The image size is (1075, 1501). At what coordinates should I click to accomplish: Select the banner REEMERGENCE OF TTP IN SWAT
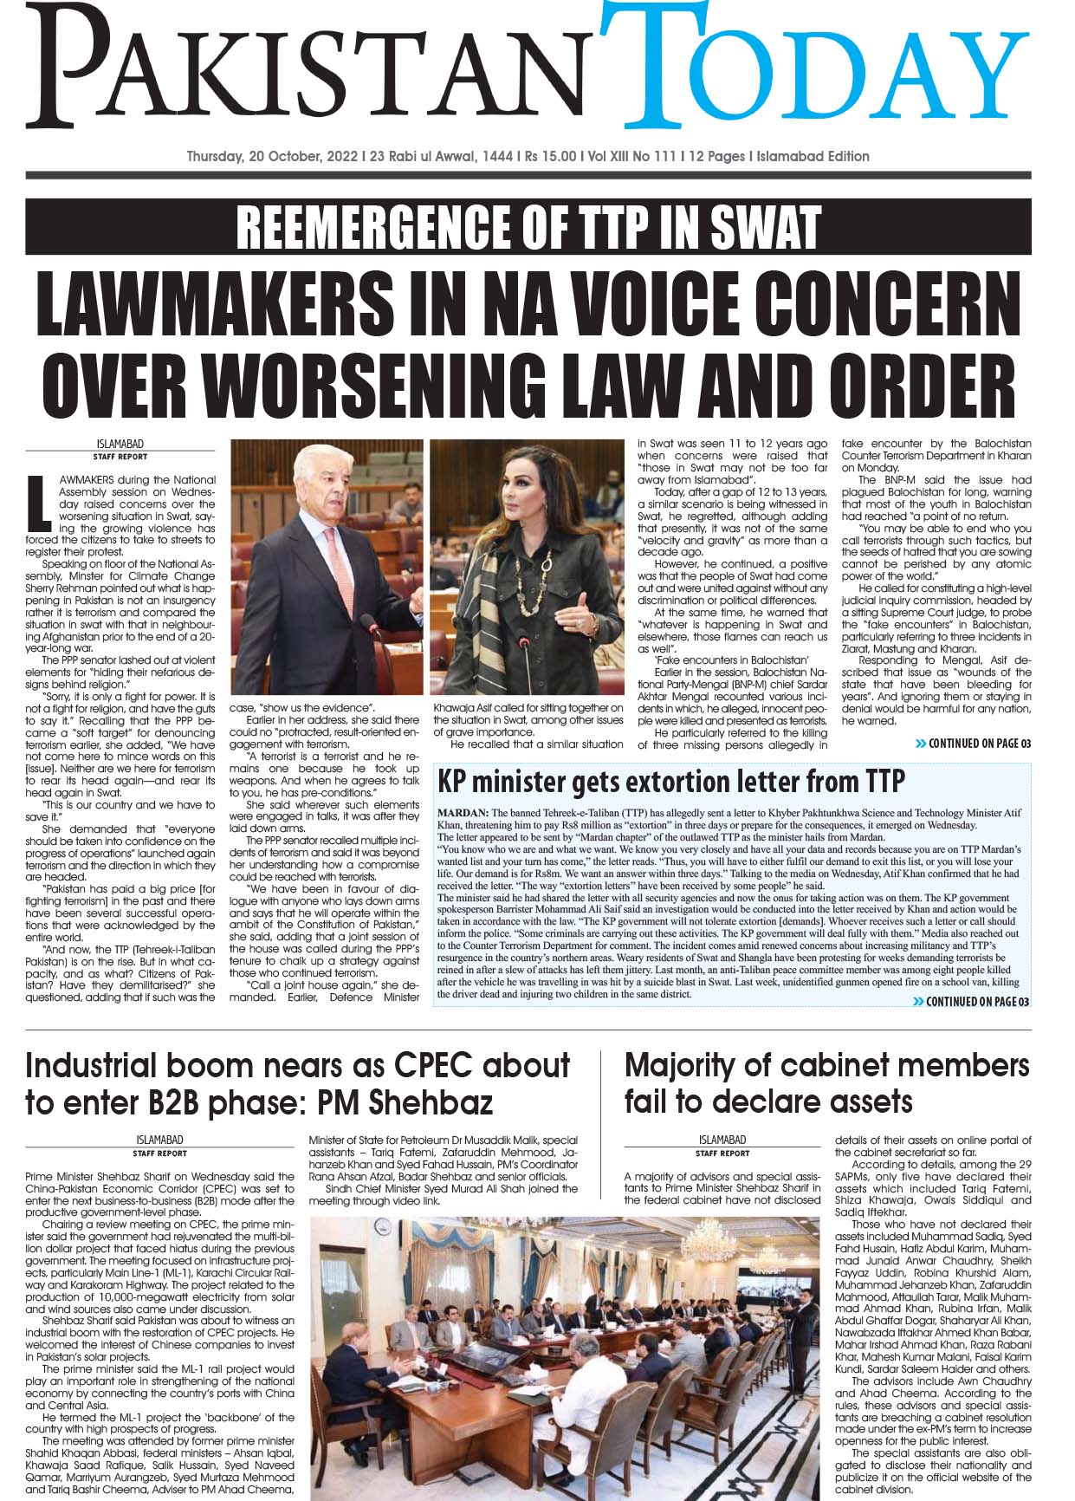point(528,228)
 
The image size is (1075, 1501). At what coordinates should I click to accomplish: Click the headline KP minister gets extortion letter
point(671,781)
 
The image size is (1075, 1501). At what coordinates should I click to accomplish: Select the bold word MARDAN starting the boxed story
point(463,813)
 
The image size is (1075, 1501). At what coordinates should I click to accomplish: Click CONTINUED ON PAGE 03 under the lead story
point(973,744)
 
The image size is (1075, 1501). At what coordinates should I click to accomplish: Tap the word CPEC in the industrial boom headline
point(449,1065)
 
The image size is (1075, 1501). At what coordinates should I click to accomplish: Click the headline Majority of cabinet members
point(826,1082)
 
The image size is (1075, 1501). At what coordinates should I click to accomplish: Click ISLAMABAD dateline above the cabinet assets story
point(722,1140)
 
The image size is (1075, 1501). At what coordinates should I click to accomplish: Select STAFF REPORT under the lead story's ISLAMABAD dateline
point(120,457)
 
